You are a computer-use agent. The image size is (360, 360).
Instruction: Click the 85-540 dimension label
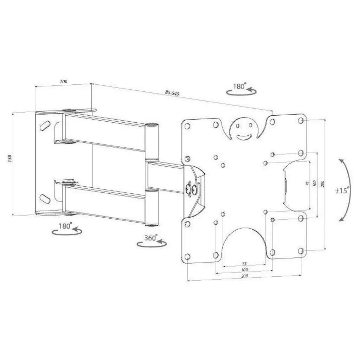(x=172, y=93)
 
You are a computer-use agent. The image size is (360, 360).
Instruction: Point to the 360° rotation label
(x=150, y=238)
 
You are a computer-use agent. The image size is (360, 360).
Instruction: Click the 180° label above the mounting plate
(x=239, y=86)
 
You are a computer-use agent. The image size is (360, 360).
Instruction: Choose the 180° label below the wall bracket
(x=65, y=226)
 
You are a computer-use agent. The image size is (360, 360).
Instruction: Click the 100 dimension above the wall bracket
(x=64, y=82)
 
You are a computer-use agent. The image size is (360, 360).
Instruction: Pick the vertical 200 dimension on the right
(x=322, y=184)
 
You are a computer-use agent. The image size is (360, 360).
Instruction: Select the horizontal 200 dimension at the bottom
(x=245, y=276)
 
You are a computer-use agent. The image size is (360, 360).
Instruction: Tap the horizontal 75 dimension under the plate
(x=244, y=263)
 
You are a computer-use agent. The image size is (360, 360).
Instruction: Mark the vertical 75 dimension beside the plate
(x=308, y=184)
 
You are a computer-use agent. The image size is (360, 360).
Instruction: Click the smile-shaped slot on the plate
(x=243, y=136)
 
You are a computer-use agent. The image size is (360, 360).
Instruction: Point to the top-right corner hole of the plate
(x=301, y=120)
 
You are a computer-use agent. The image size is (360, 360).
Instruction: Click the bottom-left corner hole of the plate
(x=187, y=256)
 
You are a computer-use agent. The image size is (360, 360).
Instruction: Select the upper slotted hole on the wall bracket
(x=45, y=125)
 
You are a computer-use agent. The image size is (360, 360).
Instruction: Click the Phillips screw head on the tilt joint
(x=189, y=189)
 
